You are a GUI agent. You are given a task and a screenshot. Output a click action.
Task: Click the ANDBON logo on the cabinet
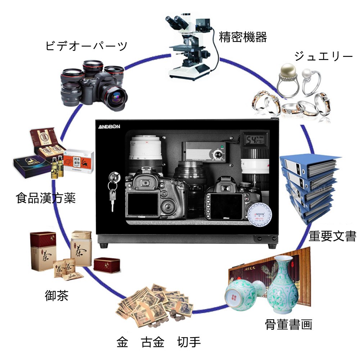(110, 127)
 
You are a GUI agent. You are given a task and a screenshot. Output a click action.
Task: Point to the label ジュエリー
(323, 57)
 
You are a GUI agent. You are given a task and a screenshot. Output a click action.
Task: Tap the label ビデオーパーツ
(86, 46)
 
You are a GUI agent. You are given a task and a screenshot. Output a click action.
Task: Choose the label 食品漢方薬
(46, 198)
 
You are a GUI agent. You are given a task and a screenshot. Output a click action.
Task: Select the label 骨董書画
(288, 324)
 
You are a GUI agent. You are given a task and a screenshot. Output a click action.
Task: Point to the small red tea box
(107, 265)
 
